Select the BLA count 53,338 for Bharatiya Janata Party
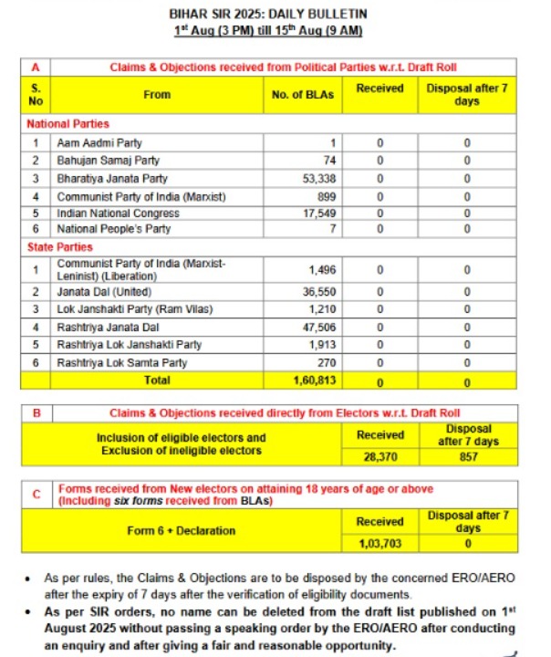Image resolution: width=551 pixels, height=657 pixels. tap(320, 179)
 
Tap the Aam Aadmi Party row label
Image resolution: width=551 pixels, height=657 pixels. tap(99, 143)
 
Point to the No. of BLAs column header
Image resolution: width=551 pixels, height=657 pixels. tap(303, 94)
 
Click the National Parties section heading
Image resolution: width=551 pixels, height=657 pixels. tap(68, 123)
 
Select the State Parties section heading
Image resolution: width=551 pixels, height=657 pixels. tap(61, 246)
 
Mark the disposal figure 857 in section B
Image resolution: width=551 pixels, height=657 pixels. tap(469, 457)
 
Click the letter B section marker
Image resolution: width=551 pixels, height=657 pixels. tap(36, 413)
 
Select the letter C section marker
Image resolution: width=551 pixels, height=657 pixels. tap(36, 494)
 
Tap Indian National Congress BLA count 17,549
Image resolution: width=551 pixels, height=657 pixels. tap(320, 214)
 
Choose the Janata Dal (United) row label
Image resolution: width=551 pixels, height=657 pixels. tap(105, 292)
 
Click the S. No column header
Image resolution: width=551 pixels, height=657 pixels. tap(36, 94)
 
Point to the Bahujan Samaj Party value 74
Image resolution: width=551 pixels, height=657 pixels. tap(330, 161)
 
